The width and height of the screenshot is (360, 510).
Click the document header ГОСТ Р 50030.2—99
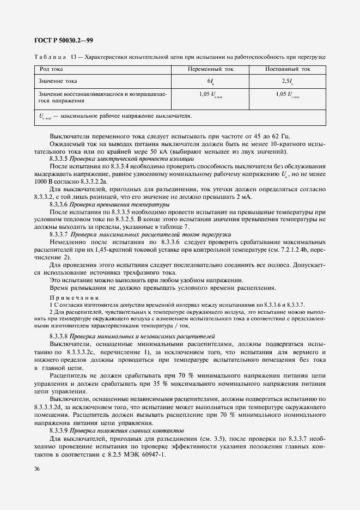(x=63, y=40)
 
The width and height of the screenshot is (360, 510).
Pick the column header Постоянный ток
(x=288, y=70)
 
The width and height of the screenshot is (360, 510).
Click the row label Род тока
(x=51, y=70)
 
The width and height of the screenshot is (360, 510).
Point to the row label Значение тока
(x=58, y=81)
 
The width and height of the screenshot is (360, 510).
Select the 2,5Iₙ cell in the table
(x=288, y=81)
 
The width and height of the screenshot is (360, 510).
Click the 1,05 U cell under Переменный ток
(x=210, y=94)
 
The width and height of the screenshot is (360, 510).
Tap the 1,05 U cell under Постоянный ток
(x=288, y=94)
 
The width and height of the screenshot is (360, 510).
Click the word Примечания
(x=75, y=297)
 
